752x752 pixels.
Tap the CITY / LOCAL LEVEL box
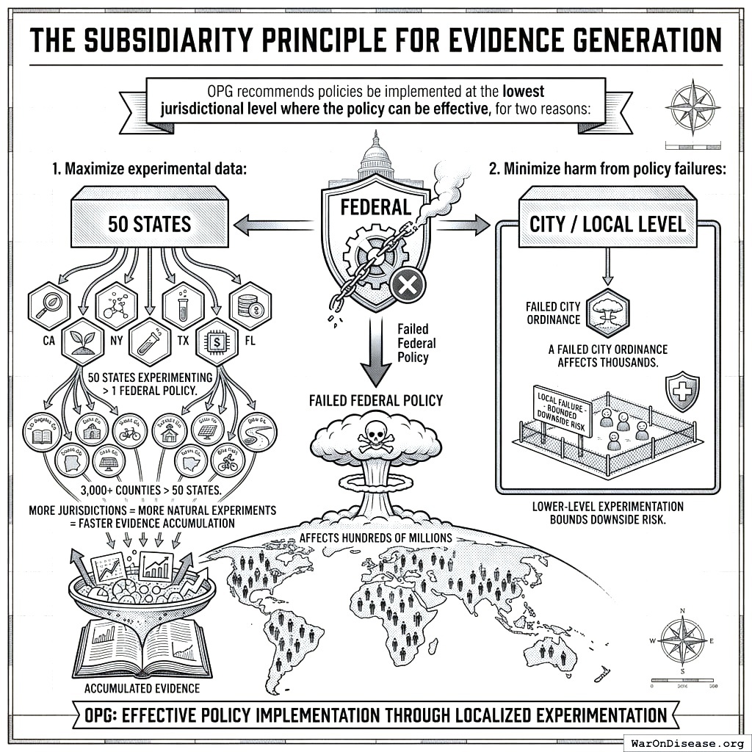[607, 223]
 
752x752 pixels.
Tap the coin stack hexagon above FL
[250, 305]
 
